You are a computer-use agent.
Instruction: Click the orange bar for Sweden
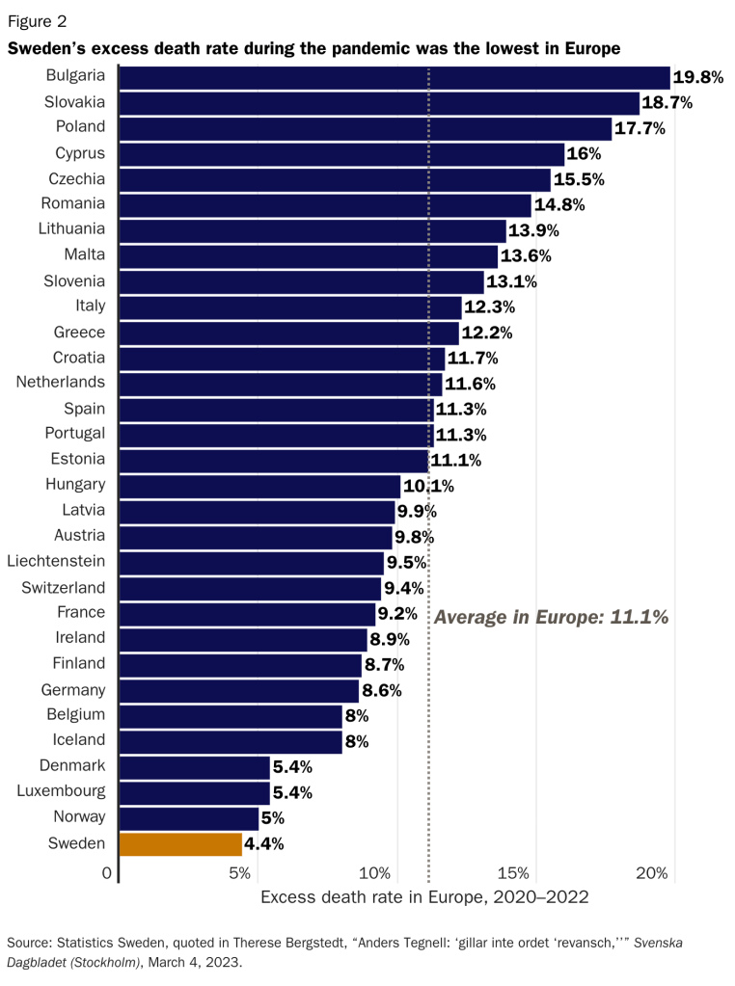point(180,844)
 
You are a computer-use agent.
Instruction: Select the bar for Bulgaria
point(394,77)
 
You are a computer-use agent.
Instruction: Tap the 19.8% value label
point(698,78)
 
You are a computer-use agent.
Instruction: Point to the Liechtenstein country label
point(56,561)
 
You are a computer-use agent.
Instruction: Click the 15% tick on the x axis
point(516,873)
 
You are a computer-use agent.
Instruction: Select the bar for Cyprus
point(340,153)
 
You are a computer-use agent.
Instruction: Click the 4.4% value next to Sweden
point(264,844)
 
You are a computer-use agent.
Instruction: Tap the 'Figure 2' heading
point(38,19)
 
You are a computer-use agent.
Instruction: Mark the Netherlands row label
point(61,383)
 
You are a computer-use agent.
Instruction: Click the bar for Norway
point(188,818)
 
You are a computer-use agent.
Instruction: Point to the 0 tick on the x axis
point(107,873)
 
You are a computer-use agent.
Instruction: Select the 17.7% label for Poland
point(640,128)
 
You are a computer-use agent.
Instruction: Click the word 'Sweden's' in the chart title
point(45,47)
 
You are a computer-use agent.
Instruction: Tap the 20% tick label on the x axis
point(653,873)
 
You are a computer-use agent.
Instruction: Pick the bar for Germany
point(238,690)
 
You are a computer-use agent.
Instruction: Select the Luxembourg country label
point(61,792)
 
